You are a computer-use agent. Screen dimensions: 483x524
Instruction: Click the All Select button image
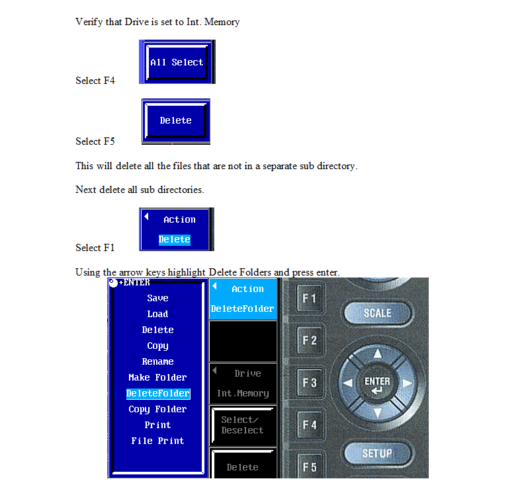pyautogui.click(x=177, y=62)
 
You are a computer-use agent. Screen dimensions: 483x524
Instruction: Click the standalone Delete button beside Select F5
pyautogui.click(x=175, y=120)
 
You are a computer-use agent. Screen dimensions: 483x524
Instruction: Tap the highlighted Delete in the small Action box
pyautogui.click(x=175, y=240)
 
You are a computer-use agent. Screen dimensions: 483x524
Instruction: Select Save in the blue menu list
pyautogui.click(x=157, y=299)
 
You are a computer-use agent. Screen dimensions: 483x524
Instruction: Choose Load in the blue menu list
pyautogui.click(x=157, y=315)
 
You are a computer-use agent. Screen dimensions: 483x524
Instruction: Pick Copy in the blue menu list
pyautogui.click(x=157, y=346)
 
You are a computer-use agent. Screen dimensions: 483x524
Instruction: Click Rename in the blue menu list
pyautogui.click(x=157, y=362)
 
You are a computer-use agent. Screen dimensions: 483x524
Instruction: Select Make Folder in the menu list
pyautogui.click(x=157, y=378)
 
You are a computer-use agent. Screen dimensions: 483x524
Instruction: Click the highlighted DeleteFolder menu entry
pyautogui.click(x=158, y=394)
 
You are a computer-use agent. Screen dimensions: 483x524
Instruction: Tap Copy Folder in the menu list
pyautogui.click(x=157, y=410)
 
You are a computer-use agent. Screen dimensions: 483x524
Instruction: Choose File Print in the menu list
pyautogui.click(x=157, y=441)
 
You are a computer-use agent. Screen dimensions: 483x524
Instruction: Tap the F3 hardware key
pyautogui.click(x=309, y=383)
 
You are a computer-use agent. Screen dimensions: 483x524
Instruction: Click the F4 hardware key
pyautogui.click(x=309, y=425)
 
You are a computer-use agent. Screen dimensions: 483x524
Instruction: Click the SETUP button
pyautogui.click(x=377, y=454)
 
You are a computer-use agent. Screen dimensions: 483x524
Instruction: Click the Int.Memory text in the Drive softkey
pyautogui.click(x=243, y=394)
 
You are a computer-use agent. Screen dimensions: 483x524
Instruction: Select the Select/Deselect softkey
pyautogui.click(x=242, y=425)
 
